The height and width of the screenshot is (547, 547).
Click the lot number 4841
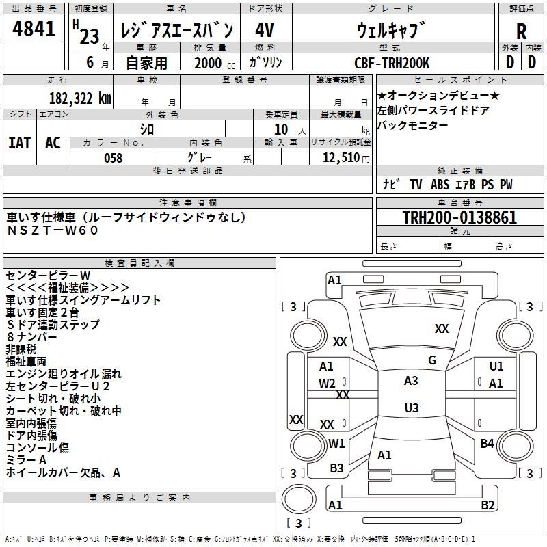click(34, 29)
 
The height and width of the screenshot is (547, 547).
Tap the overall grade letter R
click(521, 31)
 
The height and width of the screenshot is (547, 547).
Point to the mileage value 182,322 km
click(80, 98)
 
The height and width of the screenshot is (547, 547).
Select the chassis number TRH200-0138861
click(459, 217)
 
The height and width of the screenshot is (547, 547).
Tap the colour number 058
click(113, 158)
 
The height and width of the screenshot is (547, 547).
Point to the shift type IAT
click(19, 143)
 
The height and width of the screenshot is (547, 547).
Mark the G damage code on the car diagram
click(431, 360)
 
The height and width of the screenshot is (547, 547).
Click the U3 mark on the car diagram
click(411, 408)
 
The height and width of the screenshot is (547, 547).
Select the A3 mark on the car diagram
click(411, 381)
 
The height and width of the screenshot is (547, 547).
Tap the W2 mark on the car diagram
click(327, 383)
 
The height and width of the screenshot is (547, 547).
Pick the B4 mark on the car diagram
click(487, 444)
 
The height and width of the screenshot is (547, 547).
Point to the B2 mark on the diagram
click(488, 505)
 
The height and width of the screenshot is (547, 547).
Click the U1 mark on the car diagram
click(496, 366)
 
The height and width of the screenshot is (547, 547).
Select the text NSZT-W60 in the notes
click(53, 230)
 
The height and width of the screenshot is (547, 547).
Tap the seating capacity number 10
click(281, 129)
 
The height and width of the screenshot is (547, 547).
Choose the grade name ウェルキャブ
click(391, 30)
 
